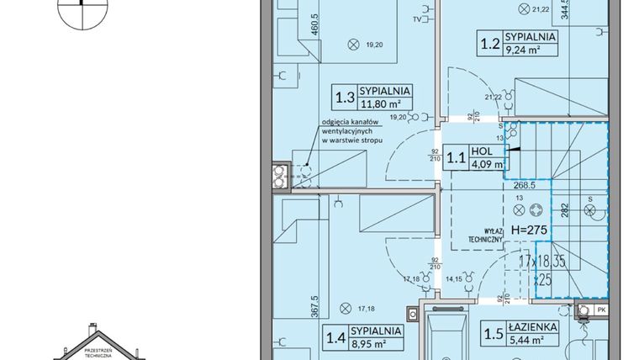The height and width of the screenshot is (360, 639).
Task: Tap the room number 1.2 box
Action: [486, 43]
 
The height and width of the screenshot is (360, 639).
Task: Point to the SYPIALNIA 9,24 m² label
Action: [532, 43]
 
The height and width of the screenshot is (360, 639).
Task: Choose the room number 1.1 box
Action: [455, 157]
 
